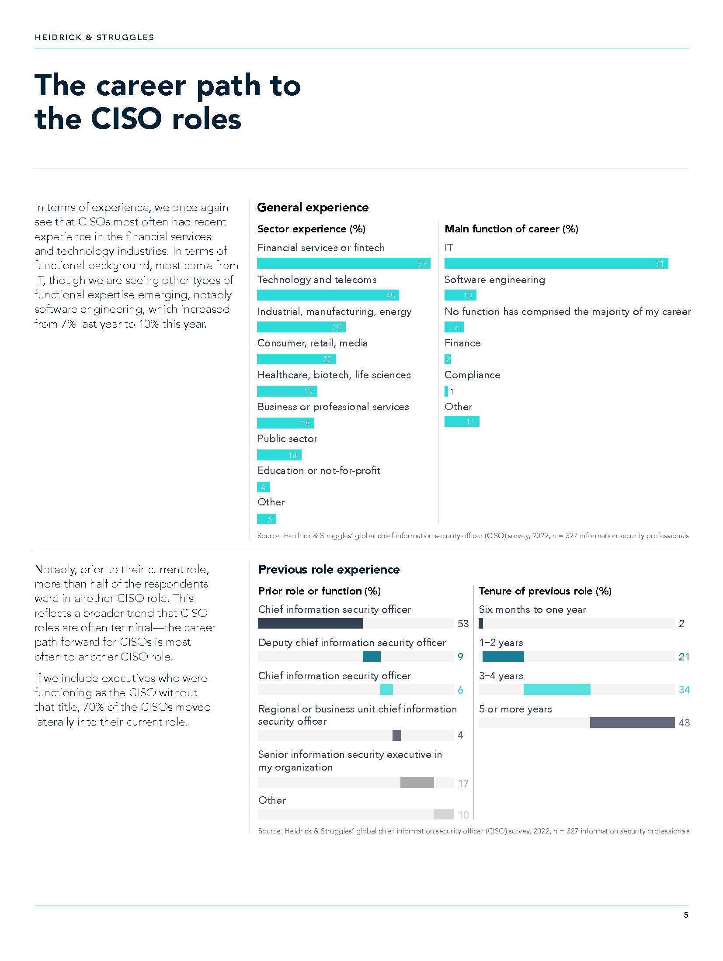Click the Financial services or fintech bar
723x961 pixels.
click(344, 263)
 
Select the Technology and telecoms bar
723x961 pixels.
click(328, 295)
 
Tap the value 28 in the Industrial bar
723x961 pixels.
click(336, 327)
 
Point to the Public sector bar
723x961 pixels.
click(279, 455)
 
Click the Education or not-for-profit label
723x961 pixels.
click(319, 470)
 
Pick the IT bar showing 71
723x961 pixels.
click(556, 263)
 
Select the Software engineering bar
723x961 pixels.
click(460, 295)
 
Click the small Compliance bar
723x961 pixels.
click(446, 391)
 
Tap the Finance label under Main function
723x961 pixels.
click(462, 343)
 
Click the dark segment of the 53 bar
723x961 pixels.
click(310, 623)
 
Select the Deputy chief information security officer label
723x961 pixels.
click(352, 643)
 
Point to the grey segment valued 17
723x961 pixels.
click(417, 782)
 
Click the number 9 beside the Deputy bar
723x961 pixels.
click(460, 657)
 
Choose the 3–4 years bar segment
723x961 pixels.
click(556, 690)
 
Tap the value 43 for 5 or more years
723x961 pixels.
click(684, 723)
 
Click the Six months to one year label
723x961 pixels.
click(532, 609)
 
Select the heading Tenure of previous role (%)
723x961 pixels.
click(545, 591)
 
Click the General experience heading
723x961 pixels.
click(313, 207)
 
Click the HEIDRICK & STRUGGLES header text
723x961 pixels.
click(94, 38)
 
